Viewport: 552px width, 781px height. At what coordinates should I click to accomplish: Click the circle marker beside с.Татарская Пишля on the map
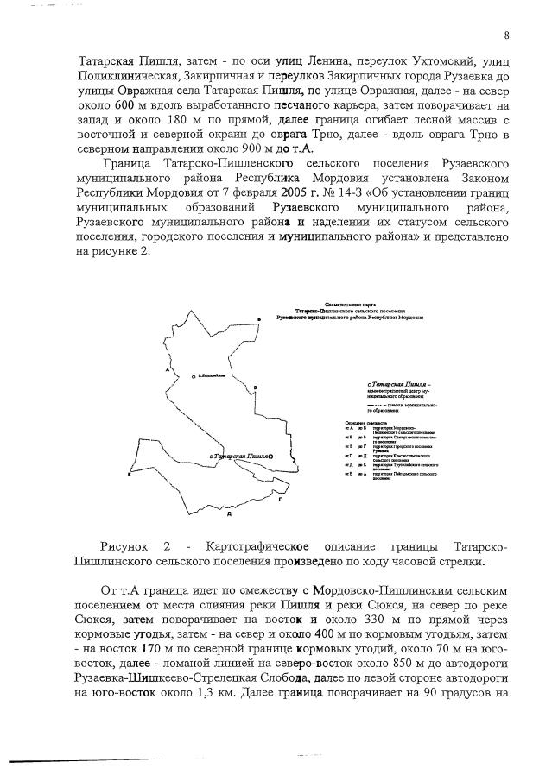tap(270, 455)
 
